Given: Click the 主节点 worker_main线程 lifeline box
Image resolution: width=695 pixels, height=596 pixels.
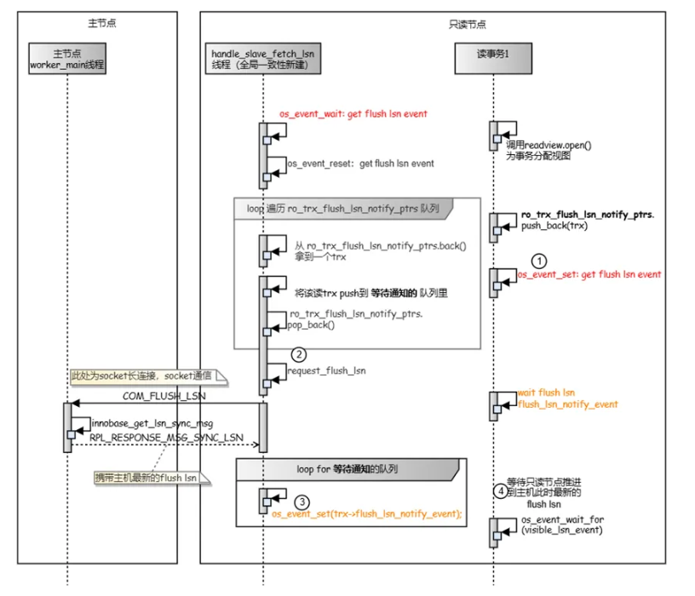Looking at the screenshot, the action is pos(67,59).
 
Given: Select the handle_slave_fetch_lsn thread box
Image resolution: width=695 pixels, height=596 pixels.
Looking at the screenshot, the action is pos(263,59).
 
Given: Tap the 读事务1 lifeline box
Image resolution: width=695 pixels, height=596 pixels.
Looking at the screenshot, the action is pos(493,59).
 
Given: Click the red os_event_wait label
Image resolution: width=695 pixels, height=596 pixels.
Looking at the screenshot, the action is pos(353,114).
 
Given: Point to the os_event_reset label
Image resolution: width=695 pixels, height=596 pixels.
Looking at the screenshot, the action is pos(361,163).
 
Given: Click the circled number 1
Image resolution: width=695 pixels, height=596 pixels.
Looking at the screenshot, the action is pos(539,261).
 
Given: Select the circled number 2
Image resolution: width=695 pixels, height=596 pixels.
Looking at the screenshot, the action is pos(299,354).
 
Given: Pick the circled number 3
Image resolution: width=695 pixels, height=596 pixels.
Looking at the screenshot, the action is pos(302,502).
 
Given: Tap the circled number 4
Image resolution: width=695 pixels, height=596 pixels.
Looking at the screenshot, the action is pos(501,491).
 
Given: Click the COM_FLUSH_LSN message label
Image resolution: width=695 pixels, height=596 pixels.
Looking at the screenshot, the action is pos(164,396).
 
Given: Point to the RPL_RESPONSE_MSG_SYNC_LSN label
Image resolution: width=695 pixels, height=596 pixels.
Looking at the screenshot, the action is pos(166,438).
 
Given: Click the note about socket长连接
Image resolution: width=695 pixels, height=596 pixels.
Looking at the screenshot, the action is pos(148,376).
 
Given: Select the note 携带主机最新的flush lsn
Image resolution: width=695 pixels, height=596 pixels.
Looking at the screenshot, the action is pos(152,478).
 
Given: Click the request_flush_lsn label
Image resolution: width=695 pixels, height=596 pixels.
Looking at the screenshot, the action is pos(327,370).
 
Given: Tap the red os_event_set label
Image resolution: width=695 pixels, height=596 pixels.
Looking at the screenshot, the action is pos(589,274).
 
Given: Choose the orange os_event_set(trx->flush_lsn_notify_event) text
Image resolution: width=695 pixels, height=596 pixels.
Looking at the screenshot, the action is pos(367,513).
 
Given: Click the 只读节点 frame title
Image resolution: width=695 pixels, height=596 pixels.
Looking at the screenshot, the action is pos(468,25).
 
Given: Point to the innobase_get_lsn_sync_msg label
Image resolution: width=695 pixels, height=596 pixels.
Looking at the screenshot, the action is pos(152,424).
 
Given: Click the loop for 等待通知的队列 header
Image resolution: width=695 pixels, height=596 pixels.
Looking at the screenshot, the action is pos(347,469).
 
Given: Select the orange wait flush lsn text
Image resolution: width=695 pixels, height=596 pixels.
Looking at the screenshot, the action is pos(546,393).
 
